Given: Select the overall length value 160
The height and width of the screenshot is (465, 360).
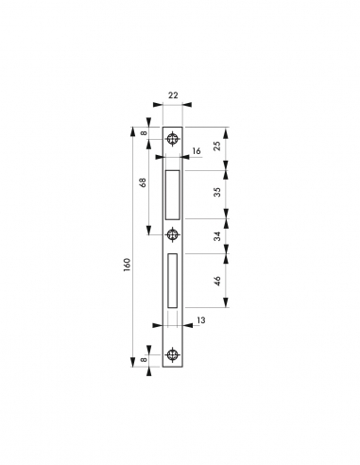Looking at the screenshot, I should [126, 267].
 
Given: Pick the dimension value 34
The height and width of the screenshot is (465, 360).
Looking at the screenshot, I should [216, 236].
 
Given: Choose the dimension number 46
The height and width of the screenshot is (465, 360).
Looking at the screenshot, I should [216, 281].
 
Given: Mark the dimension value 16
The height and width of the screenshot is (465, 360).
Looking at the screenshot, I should [197, 150].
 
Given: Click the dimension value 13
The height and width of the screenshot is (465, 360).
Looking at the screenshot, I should [201, 322].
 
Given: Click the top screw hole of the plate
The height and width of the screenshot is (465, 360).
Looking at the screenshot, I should [172, 139].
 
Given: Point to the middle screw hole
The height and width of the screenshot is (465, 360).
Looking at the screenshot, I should [172, 233].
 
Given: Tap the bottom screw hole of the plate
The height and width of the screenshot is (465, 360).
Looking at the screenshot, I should [172, 355].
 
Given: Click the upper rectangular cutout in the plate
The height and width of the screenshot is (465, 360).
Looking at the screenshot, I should [172, 192].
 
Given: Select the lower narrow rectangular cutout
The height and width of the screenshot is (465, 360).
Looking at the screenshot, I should [172, 280].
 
